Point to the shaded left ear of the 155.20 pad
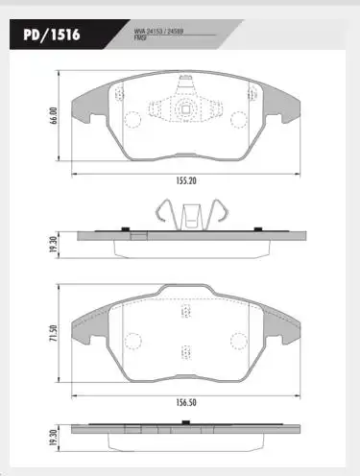[x=91, y=93]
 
